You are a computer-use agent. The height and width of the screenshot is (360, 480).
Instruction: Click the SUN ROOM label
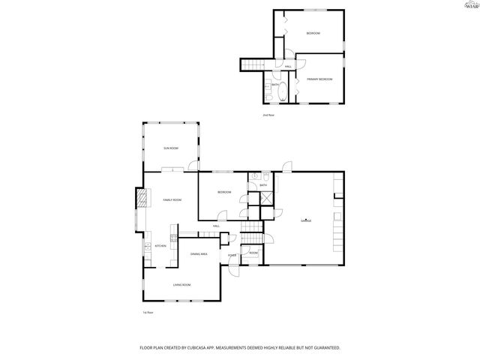point(171,148)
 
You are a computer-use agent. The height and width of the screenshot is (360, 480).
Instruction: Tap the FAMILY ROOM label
point(172,200)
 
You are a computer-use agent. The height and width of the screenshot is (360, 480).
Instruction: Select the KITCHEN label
point(160,246)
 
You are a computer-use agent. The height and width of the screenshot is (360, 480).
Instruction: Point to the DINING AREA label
point(199,255)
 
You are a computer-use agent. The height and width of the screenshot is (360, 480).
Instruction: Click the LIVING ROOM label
point(181,285)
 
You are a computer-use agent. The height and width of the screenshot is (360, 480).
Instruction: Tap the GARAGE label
point(306,220)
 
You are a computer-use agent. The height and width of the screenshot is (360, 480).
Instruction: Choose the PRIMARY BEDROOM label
point(319,79)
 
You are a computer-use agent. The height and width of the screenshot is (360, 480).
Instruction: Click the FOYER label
point(232,256)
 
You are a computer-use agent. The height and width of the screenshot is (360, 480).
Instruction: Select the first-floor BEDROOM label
point(224,193)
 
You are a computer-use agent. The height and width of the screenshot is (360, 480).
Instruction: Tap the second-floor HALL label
point(289,67)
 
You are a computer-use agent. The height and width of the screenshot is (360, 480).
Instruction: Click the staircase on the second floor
point(254,64)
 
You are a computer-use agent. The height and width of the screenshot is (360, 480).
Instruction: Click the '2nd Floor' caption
point(268,115)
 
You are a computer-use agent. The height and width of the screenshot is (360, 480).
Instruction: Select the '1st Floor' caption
point(148,312)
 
